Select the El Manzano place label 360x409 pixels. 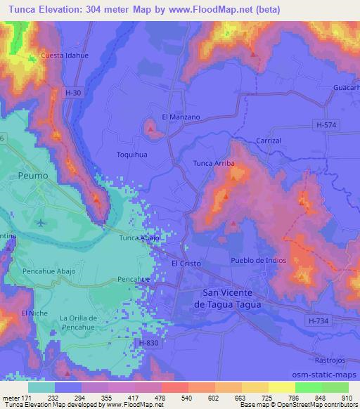[x=181, y=117]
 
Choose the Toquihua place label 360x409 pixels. [x=131, y=152]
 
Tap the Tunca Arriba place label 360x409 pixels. [x=214, y=164]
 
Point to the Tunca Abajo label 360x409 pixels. [x=141, y=238]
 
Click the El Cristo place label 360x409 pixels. [x=186, y=264]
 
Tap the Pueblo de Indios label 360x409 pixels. [x=258, y=261]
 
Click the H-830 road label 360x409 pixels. [x=148, y=342]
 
